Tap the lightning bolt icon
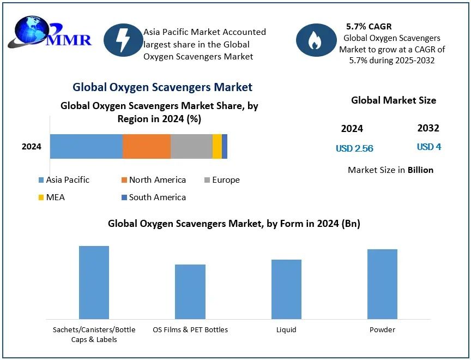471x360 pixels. click(123, 40)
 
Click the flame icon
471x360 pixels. click(315, 40)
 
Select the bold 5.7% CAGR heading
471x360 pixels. click(369, 26)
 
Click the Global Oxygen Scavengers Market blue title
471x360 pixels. click(162, 87)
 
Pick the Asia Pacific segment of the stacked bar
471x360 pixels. click(86, 146)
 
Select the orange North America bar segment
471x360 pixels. click(146, 146)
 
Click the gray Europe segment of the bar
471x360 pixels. click(191, 146)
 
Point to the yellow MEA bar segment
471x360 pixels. click(217, 146)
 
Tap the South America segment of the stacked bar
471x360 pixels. click(225, 146)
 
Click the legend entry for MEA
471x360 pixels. click(51, 197)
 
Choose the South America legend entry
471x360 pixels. click(153, 197)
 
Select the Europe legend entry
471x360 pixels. click(222, 180)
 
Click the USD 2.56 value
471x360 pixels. click(354, 148)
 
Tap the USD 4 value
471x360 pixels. click(429, 147)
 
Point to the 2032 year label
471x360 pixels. click(428, 128)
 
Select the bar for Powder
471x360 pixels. click(382, 284)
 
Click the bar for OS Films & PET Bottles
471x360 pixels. click(190, 291)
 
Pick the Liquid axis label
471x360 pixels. click(286, 329)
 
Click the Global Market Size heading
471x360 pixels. click(393, 100)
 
